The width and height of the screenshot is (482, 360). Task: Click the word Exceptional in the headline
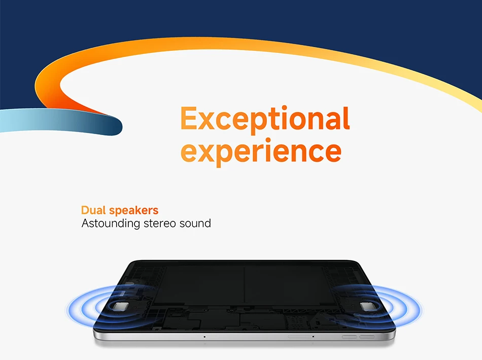pyautogui.click(x=265, y=119)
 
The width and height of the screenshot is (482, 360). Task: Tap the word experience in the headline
pyautogui.click(x=261, y=151)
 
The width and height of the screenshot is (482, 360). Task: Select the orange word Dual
pyautogui.click(x=93, y=210)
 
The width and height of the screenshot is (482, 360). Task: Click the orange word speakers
pyautogui.click(x=134, y=211)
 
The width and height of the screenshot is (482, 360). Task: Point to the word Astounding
pyautogui.click(x=111, y=224)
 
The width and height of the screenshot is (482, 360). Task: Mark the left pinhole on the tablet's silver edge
pyautogui.click(x=204, y=337)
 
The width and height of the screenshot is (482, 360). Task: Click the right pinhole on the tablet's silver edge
pyautogui.click(x=313, y=337)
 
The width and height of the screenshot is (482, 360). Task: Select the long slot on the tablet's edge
pyautogui.click(x=300, y=337)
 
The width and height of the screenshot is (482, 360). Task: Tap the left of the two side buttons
pyautogui.click(x=350, y=337)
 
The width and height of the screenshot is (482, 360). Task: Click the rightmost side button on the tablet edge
pyautogui.click(x=367, y=337)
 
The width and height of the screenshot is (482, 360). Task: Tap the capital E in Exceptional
pyautogui.click(x=188, y=118)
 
